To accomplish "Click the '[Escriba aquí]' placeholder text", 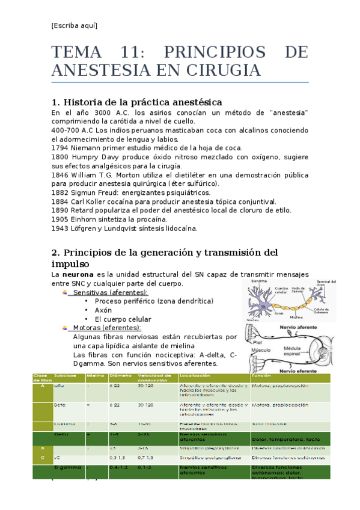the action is point(74,25).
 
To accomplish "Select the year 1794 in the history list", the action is point(60,147).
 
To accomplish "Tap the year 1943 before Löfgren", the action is point(60,228).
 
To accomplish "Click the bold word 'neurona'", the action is point(78,274).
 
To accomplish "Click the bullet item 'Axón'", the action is point(103,310).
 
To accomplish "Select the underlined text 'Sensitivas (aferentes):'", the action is point(110,292).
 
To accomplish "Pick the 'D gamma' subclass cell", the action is point(65,467).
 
